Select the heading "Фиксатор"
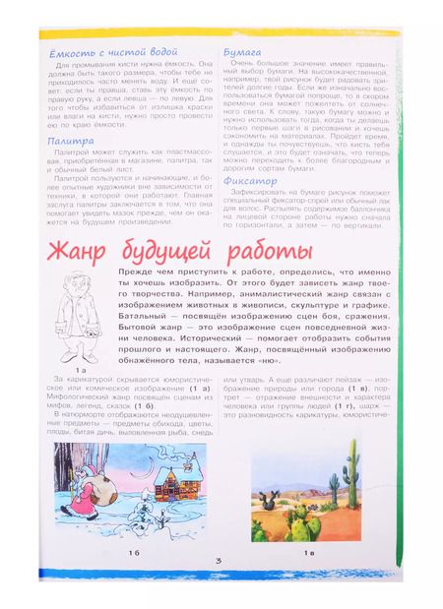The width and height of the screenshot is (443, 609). point(251,180)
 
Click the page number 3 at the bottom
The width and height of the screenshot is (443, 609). point(221,562)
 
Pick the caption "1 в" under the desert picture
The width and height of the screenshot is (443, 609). point(307,555)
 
